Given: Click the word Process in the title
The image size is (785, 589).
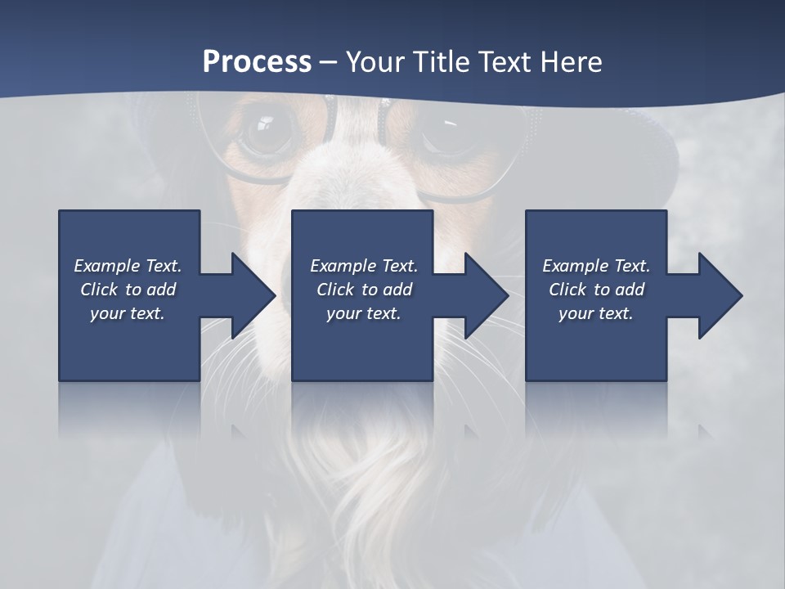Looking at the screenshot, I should (257, 62).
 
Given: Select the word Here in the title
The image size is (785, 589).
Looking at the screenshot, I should (569, 62).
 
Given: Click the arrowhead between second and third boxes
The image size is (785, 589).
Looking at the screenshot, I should (485, 295).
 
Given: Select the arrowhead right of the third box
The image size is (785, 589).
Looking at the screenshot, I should (719, 295).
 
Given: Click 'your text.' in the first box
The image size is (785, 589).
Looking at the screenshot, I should (128, 313).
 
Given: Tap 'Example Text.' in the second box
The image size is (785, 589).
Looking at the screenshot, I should (363, 266).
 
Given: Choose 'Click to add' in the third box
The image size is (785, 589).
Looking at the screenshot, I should (596, 290).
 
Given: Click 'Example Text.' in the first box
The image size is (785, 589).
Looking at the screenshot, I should (128, 266).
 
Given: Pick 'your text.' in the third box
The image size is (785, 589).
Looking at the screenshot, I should (596, 313).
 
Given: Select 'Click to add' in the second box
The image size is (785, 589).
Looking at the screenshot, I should (363, 290).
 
